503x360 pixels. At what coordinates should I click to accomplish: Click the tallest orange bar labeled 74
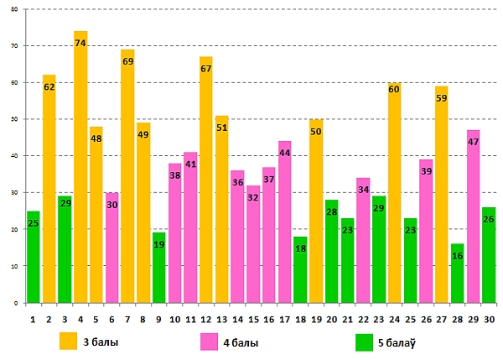80,168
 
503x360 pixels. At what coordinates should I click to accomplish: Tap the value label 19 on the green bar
159,245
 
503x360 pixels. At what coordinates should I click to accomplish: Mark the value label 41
190,164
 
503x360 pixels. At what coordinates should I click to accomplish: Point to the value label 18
300,249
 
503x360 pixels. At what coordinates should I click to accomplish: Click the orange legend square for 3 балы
68,342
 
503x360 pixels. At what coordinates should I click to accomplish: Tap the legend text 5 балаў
400,342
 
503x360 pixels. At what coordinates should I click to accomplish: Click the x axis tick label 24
394,318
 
